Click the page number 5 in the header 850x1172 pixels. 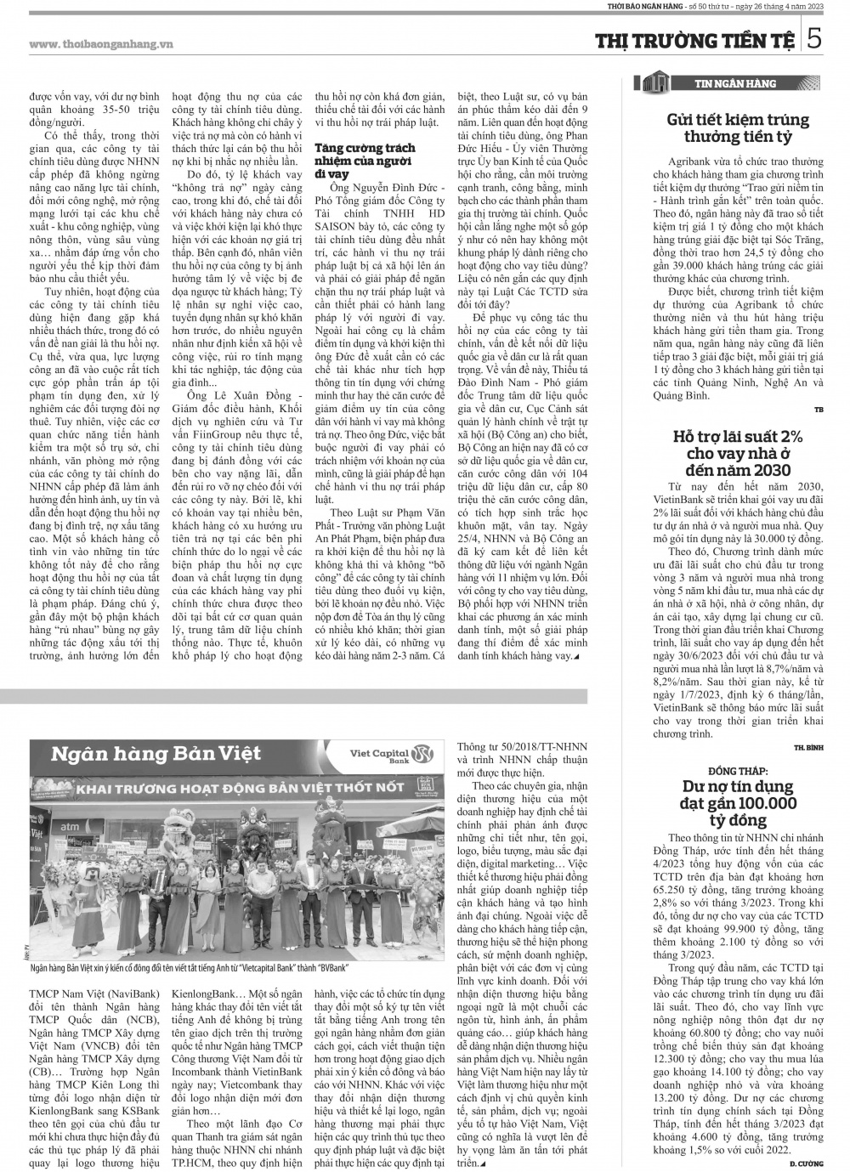coord(814,40)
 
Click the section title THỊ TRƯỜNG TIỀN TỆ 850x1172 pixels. coord(694,41)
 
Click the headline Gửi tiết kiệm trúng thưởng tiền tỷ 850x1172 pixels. coord(737,127)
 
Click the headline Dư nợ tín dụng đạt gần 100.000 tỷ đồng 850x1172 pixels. coord(737,802)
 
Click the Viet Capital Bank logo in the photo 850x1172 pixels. coord(397,754)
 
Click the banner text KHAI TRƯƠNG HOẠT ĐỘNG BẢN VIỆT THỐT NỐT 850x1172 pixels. coord(240,788)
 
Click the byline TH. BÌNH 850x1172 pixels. coord(809,746)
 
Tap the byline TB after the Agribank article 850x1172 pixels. coord(819,410)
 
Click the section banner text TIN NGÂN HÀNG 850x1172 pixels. coord(736,83)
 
